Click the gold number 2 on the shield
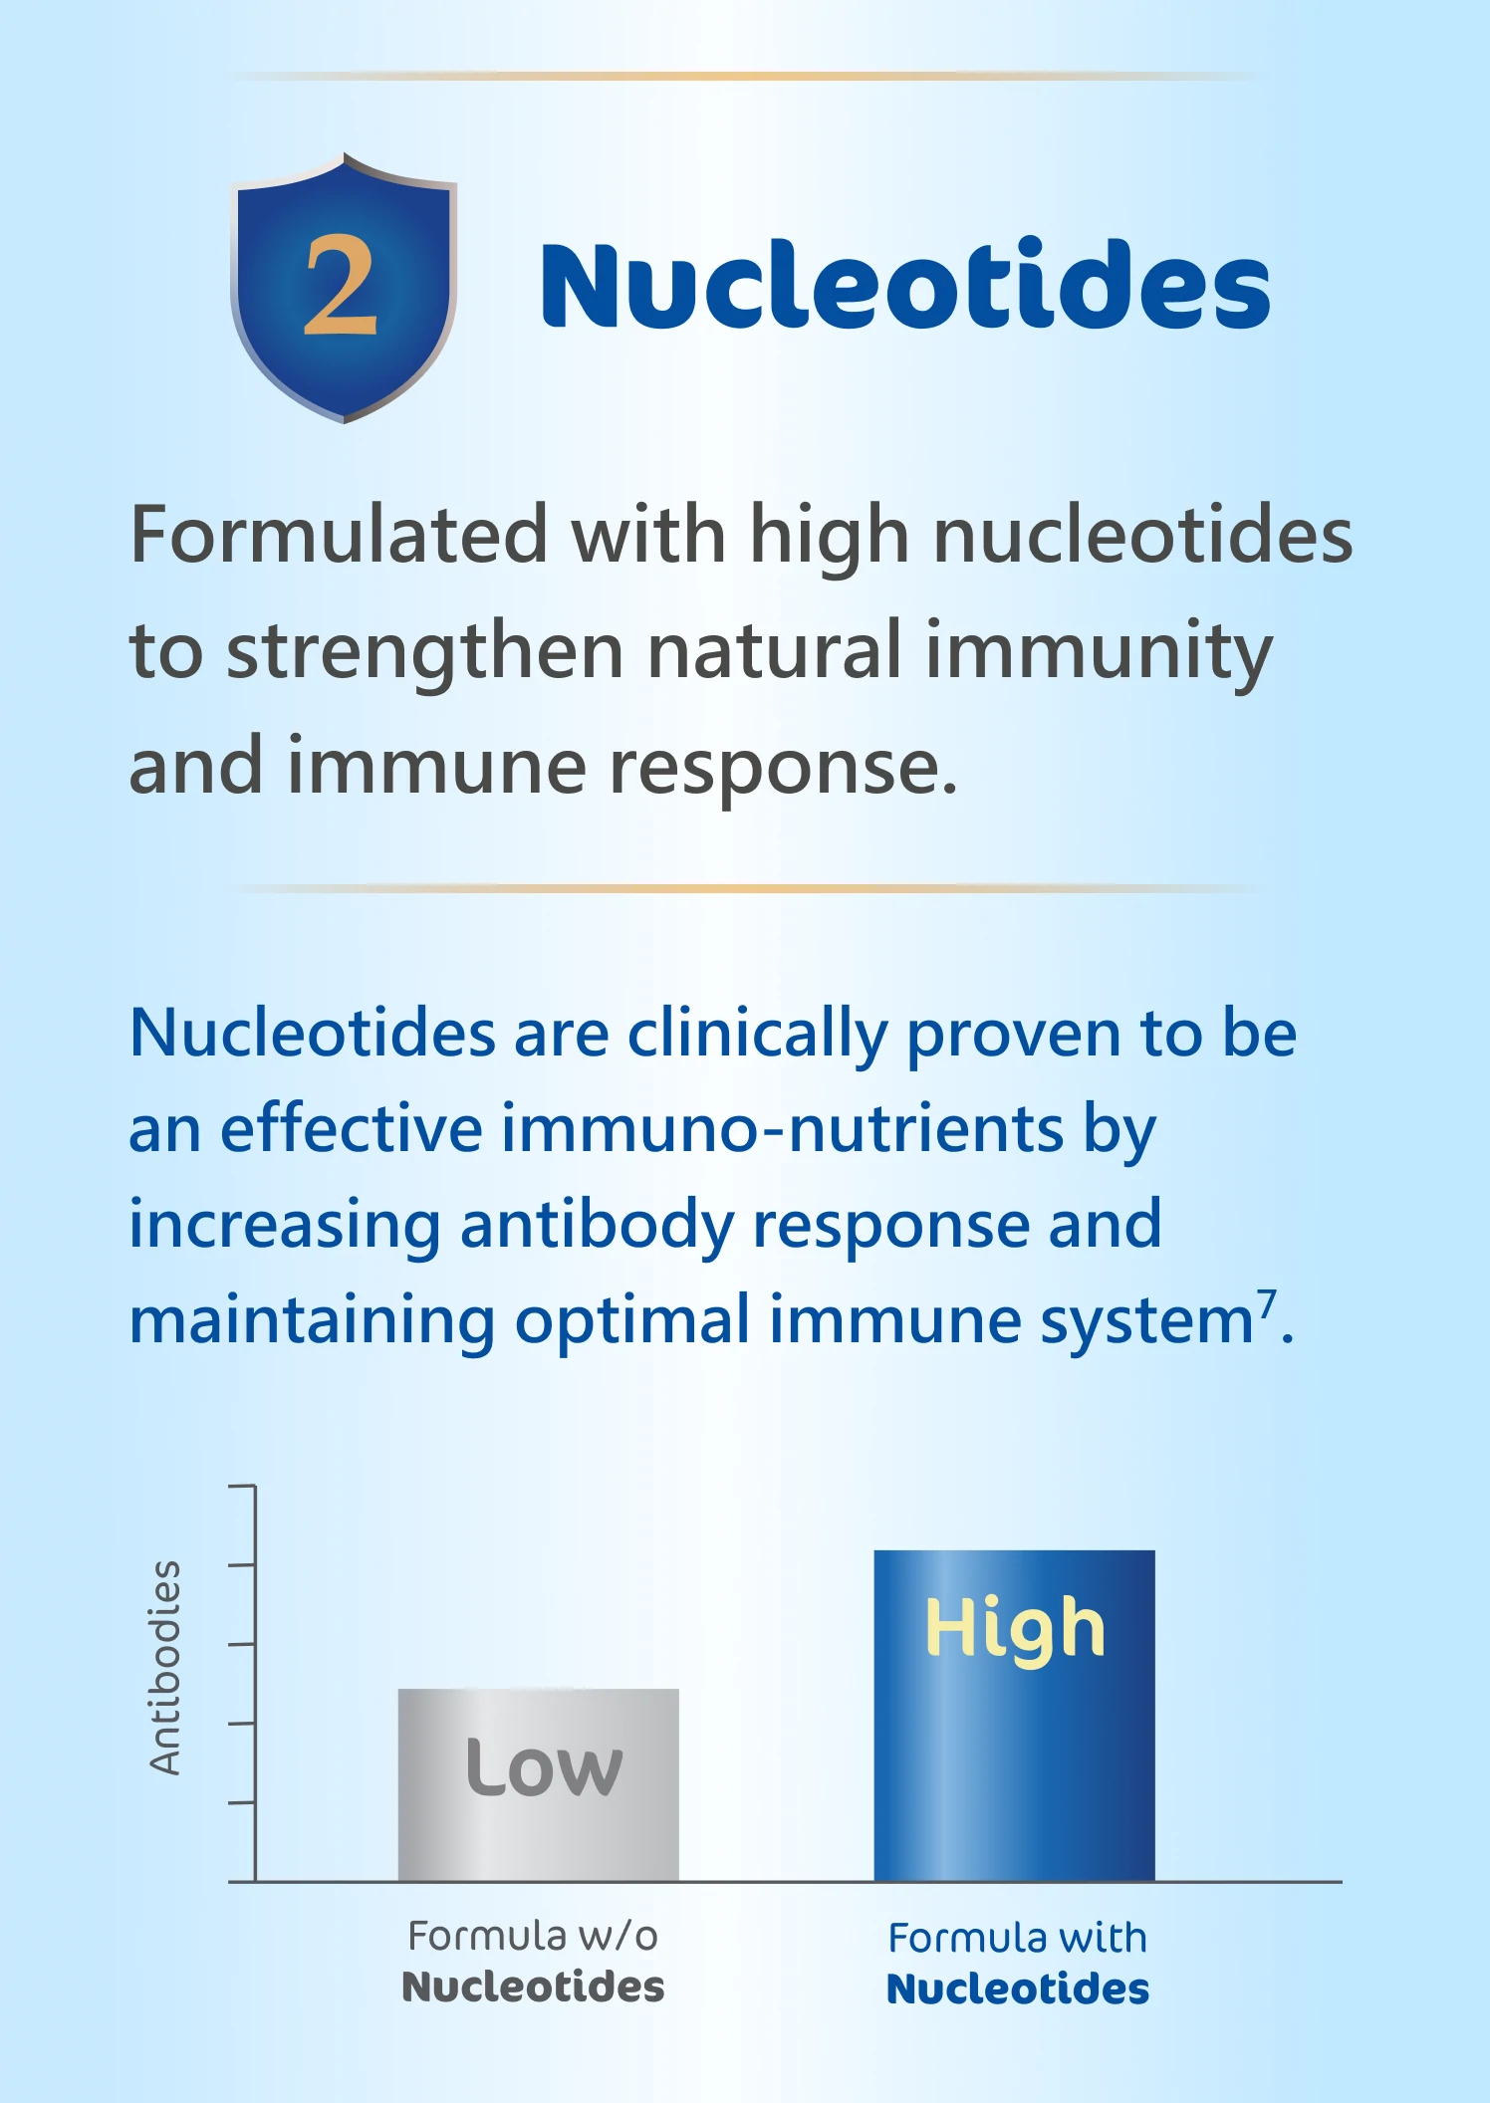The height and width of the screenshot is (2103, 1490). point(341,287)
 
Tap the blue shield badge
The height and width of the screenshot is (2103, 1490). point(344,288)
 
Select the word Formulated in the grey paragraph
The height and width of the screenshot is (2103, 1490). point(339,535)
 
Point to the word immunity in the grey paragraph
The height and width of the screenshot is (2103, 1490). point(1099,652)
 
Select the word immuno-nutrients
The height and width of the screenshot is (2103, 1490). point(782,1129)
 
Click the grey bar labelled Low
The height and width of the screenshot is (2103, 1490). point(539,1784)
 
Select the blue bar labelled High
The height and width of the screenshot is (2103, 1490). point(1015,1716)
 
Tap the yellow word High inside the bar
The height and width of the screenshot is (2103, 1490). point(1015,1631)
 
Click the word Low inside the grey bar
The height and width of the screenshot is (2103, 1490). point(544,1766)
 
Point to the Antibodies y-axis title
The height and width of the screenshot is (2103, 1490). point(165,1668)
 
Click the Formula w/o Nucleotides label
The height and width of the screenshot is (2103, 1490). point(533,1962)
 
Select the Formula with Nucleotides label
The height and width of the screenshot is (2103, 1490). point(1018,1964)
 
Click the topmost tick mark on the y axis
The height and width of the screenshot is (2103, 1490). point(242,1487)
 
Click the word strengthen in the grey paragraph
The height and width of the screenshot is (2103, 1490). point(425,652)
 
